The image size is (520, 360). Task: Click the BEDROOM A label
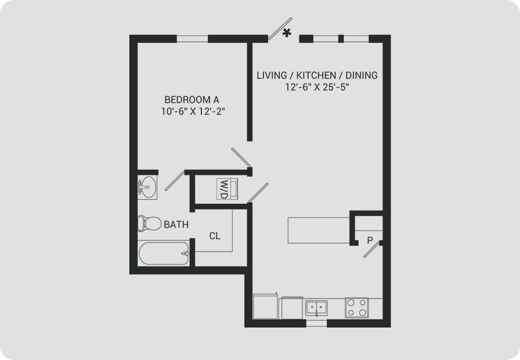(x=192, y=99)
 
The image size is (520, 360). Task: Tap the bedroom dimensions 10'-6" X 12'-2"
(x=193, y=111)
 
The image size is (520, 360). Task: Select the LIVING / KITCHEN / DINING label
(x=317, y=75)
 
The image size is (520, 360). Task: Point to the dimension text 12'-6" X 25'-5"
(x=317, y=87)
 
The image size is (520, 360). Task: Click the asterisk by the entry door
(x=287, y=33)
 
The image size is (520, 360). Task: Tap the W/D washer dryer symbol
(x=227, y=189)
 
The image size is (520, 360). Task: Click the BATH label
(x=176, y=225)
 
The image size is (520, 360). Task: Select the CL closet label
(x=215, y=236)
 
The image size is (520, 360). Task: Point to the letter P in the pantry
(x=370, y=240)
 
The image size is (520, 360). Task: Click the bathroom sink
(x=147, y=188)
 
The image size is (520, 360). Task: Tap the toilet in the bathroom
(x=149, y=224)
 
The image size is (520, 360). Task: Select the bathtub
(x=164, y=253)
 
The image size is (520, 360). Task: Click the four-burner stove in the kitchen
(x=356, y=308)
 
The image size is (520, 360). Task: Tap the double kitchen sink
(x=316, y=308)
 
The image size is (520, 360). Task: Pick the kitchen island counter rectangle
(x=319, y=230)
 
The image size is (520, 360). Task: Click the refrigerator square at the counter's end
(x=265, y=306)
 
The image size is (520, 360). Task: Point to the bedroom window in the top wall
(x=192, y=39)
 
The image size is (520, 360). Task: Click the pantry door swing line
(x=371, y=250)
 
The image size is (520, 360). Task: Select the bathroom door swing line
(x=175, y=181)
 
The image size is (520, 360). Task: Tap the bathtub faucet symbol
(x=185, y=254)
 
